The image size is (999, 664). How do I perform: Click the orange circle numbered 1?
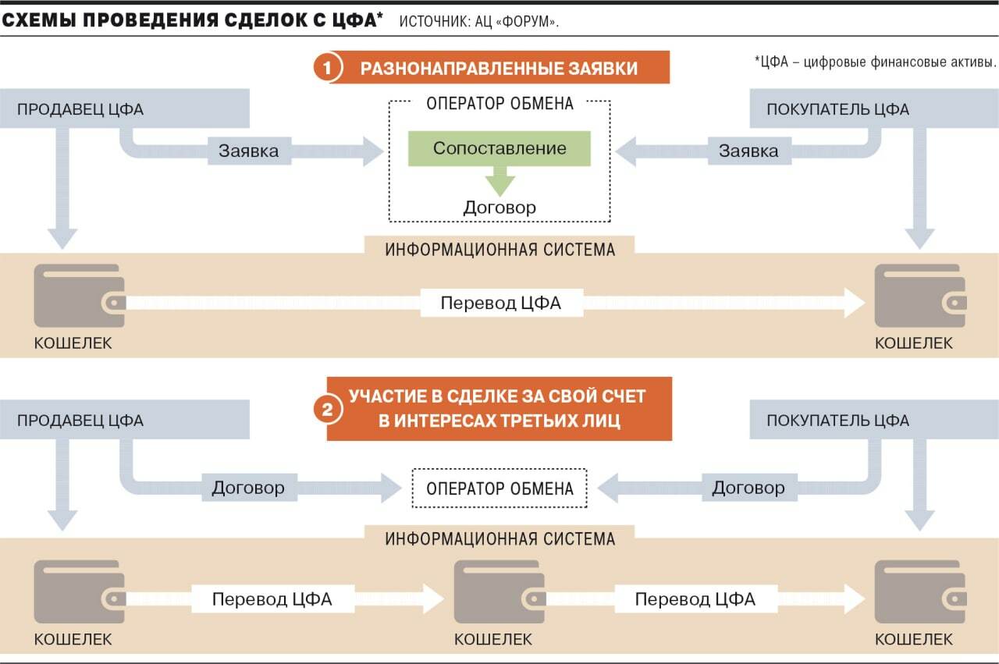(x=327, y=68)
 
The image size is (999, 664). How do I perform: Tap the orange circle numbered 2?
(x=327, y=409)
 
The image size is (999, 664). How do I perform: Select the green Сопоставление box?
(x=499, y=148)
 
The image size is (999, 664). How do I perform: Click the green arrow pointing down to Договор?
(x=500, y=181)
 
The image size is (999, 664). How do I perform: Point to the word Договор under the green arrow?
(x=499, y=208)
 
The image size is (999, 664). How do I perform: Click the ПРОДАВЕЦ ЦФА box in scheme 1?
(x=124, y=108)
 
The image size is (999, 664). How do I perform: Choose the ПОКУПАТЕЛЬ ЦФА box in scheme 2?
(x=874, y=420)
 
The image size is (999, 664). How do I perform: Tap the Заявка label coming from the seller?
(x=249, y=151)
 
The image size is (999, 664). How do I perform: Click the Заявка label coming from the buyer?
(x=748, y=151)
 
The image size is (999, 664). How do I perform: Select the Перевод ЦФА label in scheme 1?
(x=501, y=303)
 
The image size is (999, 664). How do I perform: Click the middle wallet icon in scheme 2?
(x=499, y=591)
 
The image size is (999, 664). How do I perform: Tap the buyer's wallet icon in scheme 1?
(x=920, y=296)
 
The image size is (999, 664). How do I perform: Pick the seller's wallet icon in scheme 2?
(x=80, y=591)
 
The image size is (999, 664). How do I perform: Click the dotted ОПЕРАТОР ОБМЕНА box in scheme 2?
(x=499, y=488)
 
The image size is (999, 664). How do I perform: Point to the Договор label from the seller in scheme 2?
(x=249, y=488)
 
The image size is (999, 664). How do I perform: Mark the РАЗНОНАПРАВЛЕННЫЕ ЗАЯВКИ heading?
(x=499, y=68)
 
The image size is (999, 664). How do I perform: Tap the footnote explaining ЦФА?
(x=875, y=62)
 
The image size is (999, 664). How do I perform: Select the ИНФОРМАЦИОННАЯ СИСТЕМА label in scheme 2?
(x=500, y=538)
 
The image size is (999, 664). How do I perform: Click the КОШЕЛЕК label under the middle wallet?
(x=493, y=639)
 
